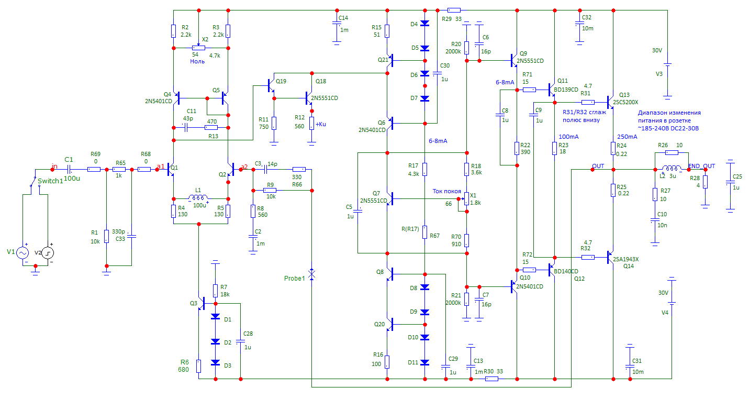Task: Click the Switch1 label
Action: [50, 181]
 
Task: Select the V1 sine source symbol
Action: [23, 253]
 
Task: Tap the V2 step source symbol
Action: [48, 253]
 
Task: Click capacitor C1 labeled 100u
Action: [69, 169]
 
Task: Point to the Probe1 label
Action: [295, 278]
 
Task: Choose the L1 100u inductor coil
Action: [198, 197]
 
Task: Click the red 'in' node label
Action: [54, 166]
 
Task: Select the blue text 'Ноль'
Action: [197, 62]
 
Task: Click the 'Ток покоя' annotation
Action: [446, 191]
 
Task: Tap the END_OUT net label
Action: [701, 166]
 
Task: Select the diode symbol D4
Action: [424, 23]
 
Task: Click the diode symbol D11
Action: [424, 362]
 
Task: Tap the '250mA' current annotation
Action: [627, 137]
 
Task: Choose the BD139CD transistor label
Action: [566, 90]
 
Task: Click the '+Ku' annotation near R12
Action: [321, 124]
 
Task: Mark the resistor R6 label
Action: [185, 362]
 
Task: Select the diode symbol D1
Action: [216, 316]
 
